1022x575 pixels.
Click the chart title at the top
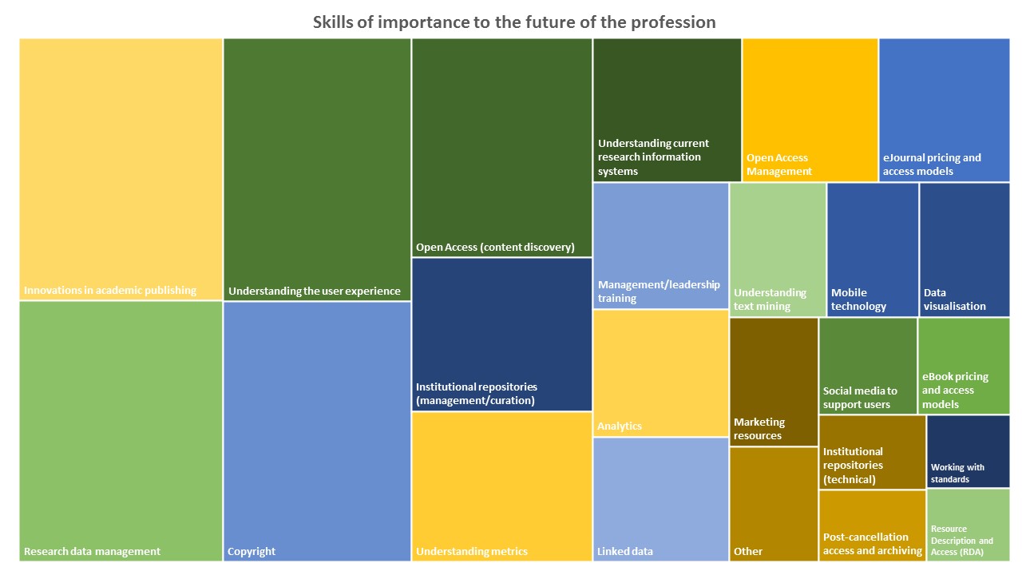click(514, 22)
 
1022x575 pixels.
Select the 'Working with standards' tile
click(968, 451)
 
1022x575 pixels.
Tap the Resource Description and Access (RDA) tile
click(968, 525)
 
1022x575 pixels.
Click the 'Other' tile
click(773, 503)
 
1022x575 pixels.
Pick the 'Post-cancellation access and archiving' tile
click(872, 525)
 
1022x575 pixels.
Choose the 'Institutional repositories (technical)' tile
click(872, 452)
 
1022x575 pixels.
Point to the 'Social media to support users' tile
click(867, 366)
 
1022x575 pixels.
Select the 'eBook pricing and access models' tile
click(964, 366)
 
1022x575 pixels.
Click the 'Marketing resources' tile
click(773, 381)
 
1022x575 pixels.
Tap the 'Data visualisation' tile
click(964, 249)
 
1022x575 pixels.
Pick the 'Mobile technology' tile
click(872, 249)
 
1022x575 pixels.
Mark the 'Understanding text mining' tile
click(777, 249)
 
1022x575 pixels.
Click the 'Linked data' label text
click(625, 551)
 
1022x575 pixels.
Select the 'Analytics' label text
click(620, 426)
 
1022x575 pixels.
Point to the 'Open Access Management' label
click(779, 165)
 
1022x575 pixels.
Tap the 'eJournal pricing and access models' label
click(932, 165)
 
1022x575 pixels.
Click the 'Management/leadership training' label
click(659, 291)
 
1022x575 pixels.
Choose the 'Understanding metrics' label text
click(472, 551)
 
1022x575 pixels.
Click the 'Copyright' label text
click(252, 551)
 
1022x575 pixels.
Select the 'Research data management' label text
click(92, 551)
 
